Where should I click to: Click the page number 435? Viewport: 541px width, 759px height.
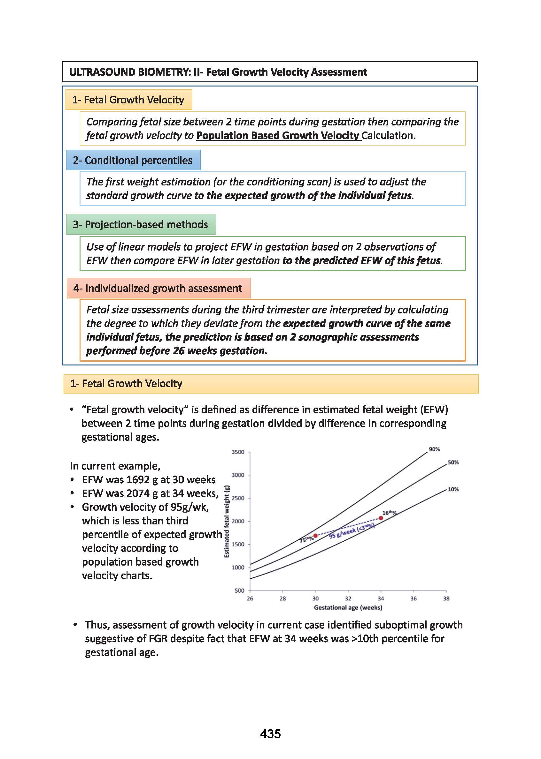[270, 733]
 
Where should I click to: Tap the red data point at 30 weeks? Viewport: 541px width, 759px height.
[315, 535]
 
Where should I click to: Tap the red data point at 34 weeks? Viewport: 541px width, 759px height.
[381, 518]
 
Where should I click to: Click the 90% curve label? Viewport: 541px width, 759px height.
[434, 449]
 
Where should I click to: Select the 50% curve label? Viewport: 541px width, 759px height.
[453, 462]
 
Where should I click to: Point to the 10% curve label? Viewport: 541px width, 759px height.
[453, 489]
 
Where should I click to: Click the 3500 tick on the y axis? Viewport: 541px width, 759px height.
[238, 452]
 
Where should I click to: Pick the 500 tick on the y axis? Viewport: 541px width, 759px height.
[240, 590]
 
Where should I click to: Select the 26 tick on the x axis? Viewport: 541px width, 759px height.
[250, 598]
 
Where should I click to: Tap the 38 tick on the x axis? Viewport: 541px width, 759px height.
[446, 598]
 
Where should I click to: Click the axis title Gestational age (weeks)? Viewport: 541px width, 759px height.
[348, 607]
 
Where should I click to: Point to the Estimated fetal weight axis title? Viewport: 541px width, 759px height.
[227, 521]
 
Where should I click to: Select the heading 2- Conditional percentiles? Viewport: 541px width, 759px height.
[133, 160]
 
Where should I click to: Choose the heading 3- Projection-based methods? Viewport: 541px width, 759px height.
[140, 224]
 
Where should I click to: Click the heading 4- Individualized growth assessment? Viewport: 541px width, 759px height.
[158, 288]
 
